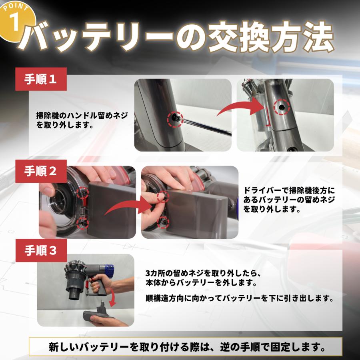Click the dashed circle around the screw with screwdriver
click(x=176, y=118)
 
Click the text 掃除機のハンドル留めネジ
click(x=82, y=116)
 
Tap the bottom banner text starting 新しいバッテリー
click(x=186, y=346)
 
